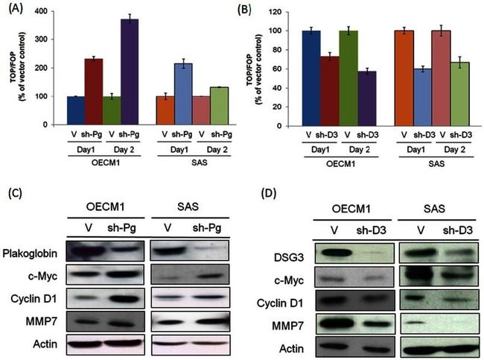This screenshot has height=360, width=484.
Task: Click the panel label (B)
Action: [x=257, y=11]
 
